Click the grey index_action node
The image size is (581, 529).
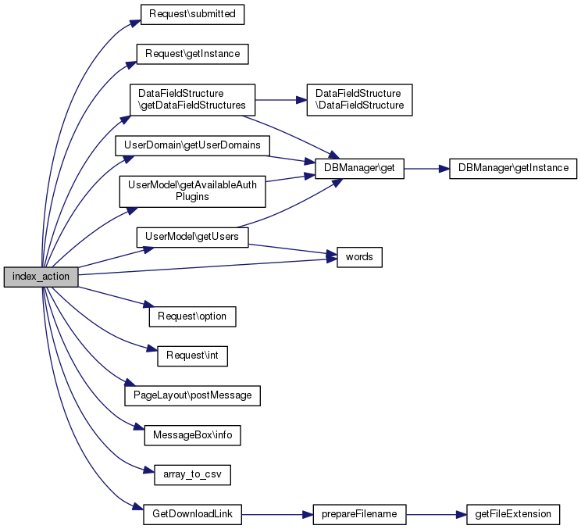pos(41,277)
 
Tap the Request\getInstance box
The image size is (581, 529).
pos(193,54)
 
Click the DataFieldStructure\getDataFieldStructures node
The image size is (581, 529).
pos(192,99)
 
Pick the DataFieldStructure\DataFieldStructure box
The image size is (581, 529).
pos(359,99)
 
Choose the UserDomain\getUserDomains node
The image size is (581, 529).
pos(193,145)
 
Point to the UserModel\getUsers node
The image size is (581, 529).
pos(192,237)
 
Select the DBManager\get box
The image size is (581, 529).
pos(359,168)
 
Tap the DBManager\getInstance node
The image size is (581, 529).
pos(513,168)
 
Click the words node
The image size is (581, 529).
pos(359,257)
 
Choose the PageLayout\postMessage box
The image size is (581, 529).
pos(192,395)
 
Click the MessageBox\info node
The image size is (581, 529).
pos(192,434)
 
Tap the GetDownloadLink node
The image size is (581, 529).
pos(192,514)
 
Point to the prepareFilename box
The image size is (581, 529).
pos(359,514)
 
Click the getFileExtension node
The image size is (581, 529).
pos(513,514)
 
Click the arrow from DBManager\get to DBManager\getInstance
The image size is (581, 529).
pos(426,168)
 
